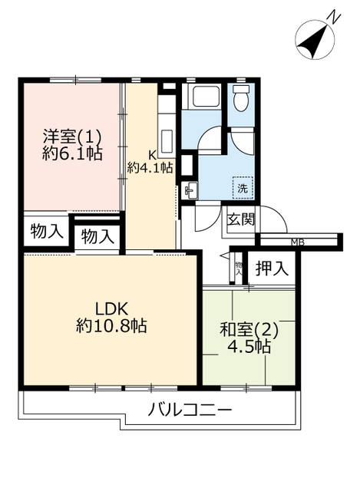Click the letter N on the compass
[334, 17]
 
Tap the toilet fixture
[240, 97]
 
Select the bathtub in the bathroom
[206, 97]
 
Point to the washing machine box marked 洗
[243, 188]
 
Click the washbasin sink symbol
[190, 189]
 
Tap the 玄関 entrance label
[241, 219]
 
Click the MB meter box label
[297, 242]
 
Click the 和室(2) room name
[249, 330]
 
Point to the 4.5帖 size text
[249, 346]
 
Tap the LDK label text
[111, 309]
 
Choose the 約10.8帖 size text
[111, 326]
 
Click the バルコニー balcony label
[190, 410]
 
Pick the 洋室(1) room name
[72, 137]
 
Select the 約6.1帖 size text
[72, 153]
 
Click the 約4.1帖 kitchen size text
[150, 168]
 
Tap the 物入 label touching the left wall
[46, 232]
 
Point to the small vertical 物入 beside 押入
[239, 268]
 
